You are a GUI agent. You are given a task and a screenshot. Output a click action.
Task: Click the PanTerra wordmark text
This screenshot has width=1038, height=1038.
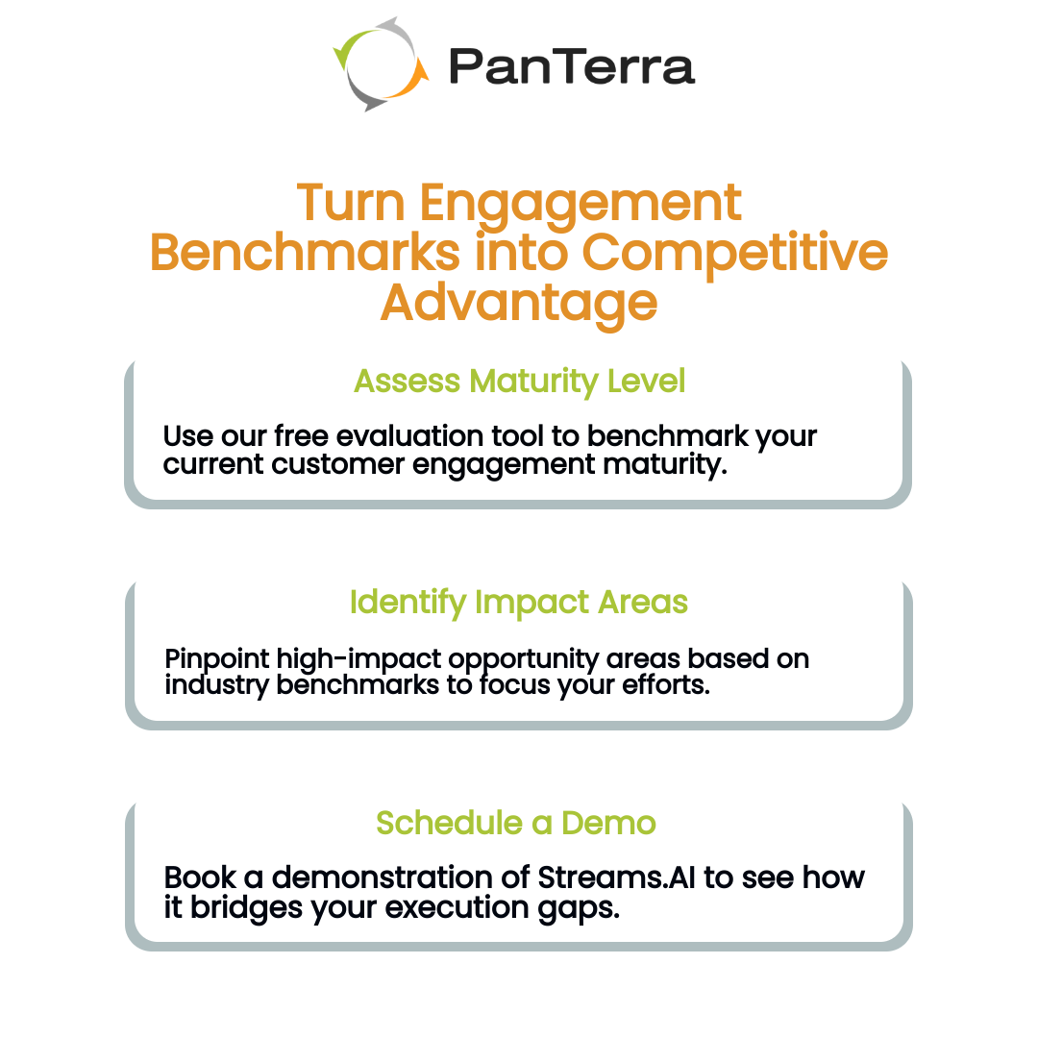572,67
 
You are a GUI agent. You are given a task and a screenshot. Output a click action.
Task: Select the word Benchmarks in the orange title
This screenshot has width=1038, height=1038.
305,252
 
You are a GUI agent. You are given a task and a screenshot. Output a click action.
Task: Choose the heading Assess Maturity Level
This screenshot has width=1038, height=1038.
520,382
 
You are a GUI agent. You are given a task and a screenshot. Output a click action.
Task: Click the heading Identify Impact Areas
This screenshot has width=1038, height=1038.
519,603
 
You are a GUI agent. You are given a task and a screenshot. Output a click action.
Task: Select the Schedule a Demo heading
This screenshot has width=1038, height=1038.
516,823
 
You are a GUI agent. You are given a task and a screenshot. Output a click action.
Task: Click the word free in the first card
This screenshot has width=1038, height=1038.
301,436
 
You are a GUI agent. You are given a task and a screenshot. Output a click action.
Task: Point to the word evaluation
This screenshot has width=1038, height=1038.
409,436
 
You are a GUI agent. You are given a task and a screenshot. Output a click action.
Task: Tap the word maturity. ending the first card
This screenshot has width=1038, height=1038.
665,465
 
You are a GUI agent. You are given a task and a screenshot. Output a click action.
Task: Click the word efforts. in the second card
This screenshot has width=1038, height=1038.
666,685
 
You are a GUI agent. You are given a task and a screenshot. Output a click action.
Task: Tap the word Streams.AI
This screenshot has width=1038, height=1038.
616,877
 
